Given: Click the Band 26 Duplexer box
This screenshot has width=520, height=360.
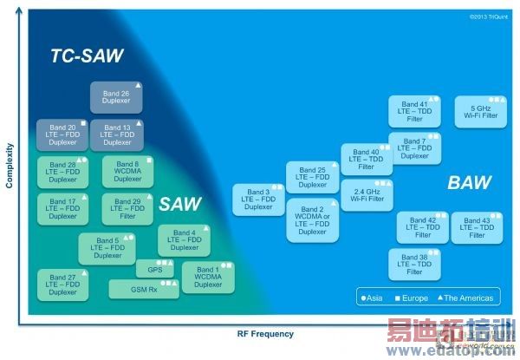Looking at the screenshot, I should pos(117,98).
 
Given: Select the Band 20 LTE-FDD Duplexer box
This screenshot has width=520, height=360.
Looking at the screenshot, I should pos(62,134).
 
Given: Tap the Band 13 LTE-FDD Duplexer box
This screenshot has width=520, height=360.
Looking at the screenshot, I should pos(116,134).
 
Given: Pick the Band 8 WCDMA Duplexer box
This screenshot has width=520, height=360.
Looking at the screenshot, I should pos(127,171).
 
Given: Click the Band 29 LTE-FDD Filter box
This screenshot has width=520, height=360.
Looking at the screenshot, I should pos(127,208).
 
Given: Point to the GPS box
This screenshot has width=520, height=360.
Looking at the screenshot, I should pos(155,270).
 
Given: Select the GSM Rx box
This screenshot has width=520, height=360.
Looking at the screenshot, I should pos(144,288).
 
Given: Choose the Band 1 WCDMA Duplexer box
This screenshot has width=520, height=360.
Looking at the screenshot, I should pos(207,277).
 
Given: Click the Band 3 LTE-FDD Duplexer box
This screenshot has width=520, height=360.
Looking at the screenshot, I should pos(258,200).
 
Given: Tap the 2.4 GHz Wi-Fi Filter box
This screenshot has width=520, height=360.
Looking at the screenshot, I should pos(366,195).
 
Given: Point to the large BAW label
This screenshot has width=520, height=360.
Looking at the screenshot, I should pos(469,183).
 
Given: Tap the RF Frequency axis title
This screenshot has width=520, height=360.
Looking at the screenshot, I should pos(265,334).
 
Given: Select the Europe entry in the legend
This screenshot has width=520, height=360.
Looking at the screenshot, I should pos(412,298).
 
